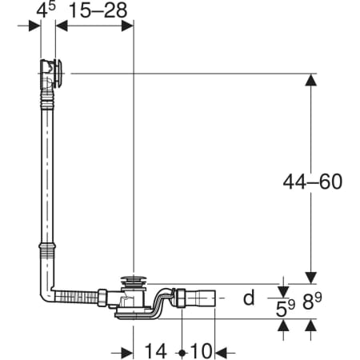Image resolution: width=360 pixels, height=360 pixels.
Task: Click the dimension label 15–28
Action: (98, 10)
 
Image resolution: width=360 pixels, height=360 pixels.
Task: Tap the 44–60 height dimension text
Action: (313, 182)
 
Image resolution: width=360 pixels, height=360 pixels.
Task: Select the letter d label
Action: (249, 298)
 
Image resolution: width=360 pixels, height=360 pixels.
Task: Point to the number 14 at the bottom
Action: (156, 350)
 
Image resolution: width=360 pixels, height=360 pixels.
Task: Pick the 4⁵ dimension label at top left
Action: (46, 10)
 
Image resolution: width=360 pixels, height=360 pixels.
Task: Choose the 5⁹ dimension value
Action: (285, 308)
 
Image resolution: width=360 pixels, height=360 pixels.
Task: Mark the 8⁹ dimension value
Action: (312, 302)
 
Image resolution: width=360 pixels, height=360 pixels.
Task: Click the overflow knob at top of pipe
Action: (58, 74)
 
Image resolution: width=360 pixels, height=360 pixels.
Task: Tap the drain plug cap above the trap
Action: (133, 281)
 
